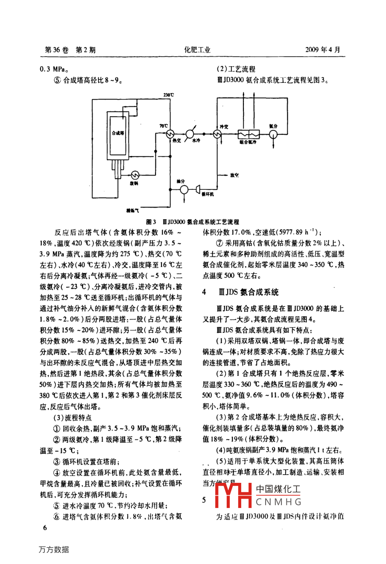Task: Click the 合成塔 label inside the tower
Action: [x=117, y=133]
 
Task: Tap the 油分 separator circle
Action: [x=184, y=188]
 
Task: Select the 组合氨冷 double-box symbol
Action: [x=247, y=134]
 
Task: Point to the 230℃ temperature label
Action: [x=169, y=94]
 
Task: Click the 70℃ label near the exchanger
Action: [x=163, y=126]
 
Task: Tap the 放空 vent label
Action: [x=234, y=175]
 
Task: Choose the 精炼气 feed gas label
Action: [x=132, y=211]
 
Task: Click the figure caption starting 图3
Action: [x=193, y=222]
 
